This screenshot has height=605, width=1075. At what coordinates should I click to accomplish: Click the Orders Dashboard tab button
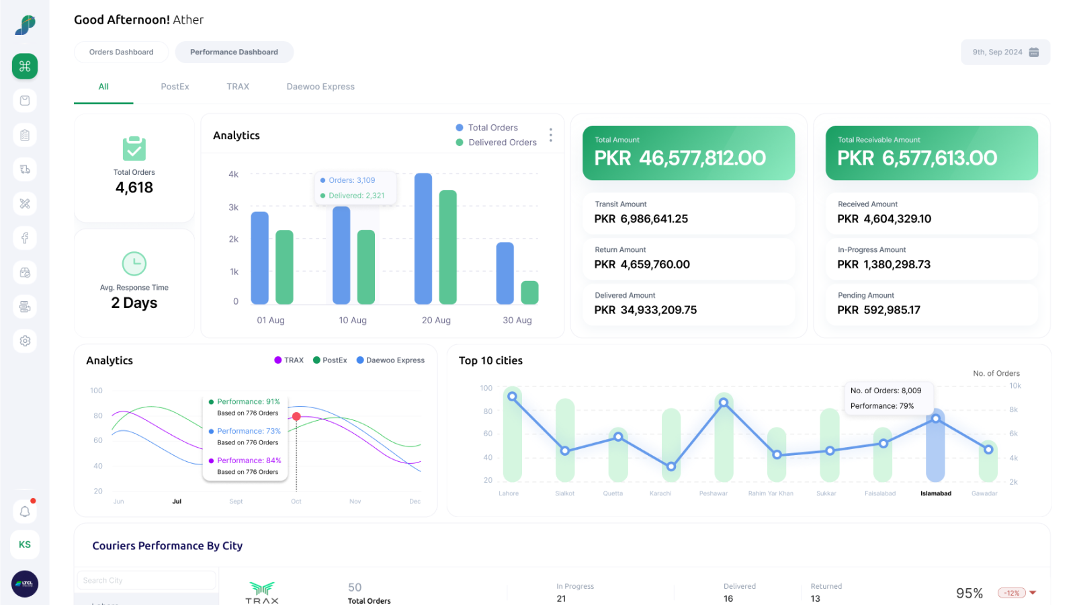pyautogui.click(x=121, y=52)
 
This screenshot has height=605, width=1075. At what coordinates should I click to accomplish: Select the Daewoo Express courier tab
pyautogui.click(x=320, y=87)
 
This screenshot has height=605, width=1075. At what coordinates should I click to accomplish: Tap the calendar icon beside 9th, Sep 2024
pyautogui.click(x=1034, y=52)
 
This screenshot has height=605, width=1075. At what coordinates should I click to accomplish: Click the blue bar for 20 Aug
pyautogui.click(x=423, y=239)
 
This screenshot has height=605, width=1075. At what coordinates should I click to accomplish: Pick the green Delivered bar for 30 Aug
pyautogui.click(x=529, y=292)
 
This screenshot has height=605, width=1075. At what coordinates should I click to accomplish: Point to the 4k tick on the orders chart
pyautogui.click(x=233, y=174)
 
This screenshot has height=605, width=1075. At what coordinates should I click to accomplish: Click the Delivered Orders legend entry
pyautogui.click(x=502, y=143)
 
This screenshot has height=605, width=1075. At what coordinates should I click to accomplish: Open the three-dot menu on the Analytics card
pyautogui.click(x=550, y=135)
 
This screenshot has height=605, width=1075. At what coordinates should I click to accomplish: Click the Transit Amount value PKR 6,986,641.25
pyautogui.click(x=641, y=219)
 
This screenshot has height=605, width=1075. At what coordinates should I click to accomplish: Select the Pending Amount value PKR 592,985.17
pyautogui.click(x=878, y=310)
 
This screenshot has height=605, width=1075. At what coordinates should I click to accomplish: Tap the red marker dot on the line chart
pyautogui.click(x=296, y=417)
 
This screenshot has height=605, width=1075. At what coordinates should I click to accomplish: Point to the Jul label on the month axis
pyautogui.click(x=177, y=501)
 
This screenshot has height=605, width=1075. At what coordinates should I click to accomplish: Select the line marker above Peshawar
pyautogui.click(x=724, y=403)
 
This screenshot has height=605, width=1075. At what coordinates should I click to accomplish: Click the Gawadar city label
pyautogui.click(x=984, y=493)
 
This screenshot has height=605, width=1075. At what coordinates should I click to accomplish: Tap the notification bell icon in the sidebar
pyautogui.click(x=25, y=512)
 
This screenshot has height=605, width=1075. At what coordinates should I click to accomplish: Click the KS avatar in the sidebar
pyautogui.click(x=25, y=544)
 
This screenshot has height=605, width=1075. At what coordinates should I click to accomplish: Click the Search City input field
pyautogui.click(x=146, y=580)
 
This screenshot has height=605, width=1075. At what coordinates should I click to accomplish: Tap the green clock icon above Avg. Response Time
pyautogui.click(x=134, y=264)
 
